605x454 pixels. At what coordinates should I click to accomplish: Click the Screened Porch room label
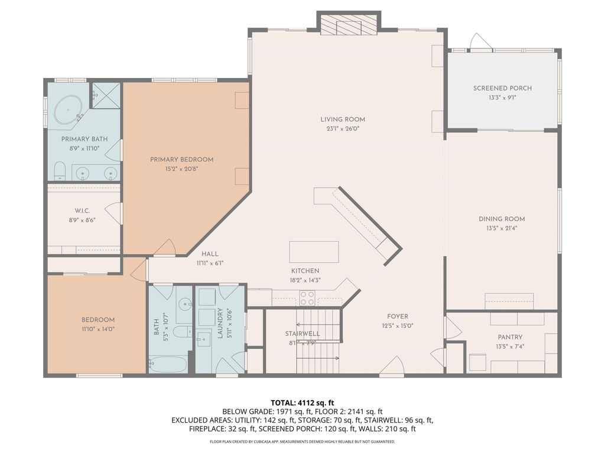502,88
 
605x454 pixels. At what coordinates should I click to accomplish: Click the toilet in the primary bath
60,171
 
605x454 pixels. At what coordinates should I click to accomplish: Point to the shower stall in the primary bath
105,95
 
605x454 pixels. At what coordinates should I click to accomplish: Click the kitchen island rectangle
314,252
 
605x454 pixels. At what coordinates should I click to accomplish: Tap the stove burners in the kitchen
307,298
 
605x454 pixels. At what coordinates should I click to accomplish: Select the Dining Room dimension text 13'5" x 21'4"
502,228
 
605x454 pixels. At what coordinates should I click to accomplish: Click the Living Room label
343,119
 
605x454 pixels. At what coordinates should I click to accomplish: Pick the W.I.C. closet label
82,211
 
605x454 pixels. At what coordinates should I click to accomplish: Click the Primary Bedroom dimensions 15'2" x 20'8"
182,168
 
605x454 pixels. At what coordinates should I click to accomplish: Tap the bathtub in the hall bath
168,364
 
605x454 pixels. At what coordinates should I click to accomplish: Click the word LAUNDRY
220,323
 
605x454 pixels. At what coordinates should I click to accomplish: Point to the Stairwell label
302,333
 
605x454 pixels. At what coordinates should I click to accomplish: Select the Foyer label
398,317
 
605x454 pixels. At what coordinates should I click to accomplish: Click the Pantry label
510,337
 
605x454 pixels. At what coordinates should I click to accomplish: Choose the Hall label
210,254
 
